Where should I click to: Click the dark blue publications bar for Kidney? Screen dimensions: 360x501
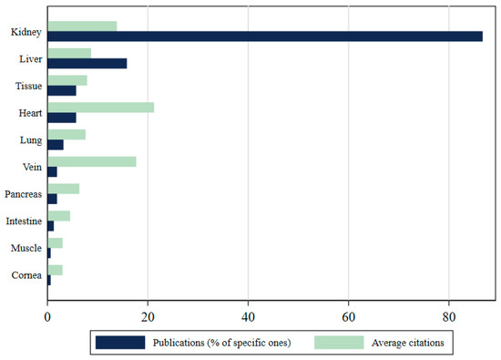pyautogui.click(x=264, y=36)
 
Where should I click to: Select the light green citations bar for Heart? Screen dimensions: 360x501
pyautogui.click(x=100, y=108)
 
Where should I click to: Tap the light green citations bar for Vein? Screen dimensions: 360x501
pyautogui.click(x=91, y=161)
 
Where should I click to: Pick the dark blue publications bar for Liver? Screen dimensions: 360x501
pyautogui.click(x=87, y=63)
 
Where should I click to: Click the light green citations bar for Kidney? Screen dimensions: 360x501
pyautogui.click(x=82, y=26)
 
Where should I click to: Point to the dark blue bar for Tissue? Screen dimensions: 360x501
pyautogui.click(x=61, y=90)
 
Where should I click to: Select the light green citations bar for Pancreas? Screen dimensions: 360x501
pyautogui.click(x=63, y=189)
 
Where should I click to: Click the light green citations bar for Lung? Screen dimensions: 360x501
pyautogui.click(x=66, y=134)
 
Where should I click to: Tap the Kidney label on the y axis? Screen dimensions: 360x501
pyautogui.click(x=24, y=32)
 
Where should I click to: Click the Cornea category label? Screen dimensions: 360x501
pyautogui.click(x=24, y=274)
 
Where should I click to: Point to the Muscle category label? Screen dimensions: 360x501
pyautogui.click(x=24, y=248)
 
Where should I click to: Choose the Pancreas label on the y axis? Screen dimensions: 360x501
pyautogui.click(x=22, y=193)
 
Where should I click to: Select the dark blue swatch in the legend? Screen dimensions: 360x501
pyautogui.click(x=119, y=343)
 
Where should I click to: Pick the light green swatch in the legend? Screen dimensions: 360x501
pyautogui.click(x=339, y=343)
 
